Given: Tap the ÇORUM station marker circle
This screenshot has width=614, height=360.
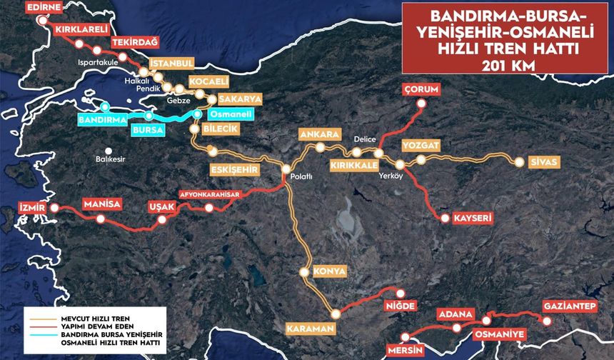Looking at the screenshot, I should (421, 104).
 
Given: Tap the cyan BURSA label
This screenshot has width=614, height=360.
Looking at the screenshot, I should (148, 130).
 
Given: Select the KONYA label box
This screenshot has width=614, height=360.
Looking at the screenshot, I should (329, 271).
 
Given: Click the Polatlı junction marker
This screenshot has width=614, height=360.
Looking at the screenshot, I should (286, 169).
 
